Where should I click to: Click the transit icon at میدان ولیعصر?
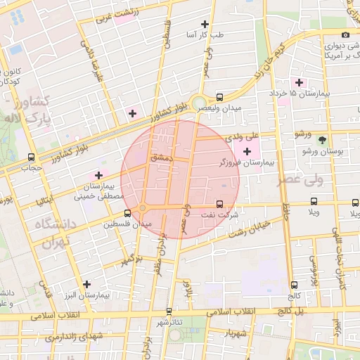(220, 98)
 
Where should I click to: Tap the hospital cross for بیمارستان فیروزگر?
(247, 151)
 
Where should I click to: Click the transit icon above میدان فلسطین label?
(127, 213)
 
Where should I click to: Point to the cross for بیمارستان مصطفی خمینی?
(98, 175)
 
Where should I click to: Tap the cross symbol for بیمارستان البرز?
(86, 285)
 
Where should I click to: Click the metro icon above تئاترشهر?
(168, 311)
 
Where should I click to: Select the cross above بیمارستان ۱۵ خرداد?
(300, 82)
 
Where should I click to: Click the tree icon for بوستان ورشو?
(322, 140)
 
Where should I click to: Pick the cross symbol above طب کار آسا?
(205, 24)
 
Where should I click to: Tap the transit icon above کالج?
(294, 285)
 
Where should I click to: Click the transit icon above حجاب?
(31, 157)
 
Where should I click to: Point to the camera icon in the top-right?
(345, 35)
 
